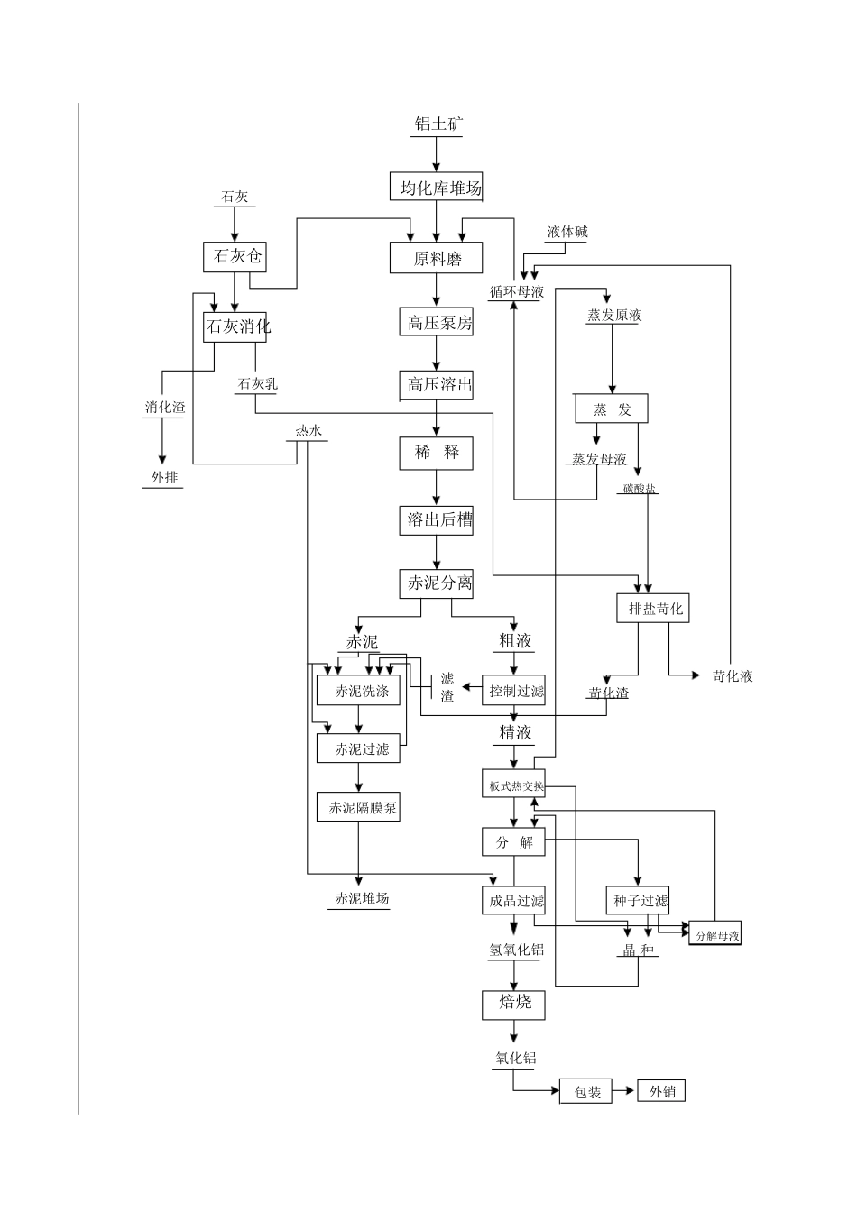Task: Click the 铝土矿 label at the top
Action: [438, 124]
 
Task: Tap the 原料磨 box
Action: [437, 258]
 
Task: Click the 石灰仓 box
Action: [237, 256]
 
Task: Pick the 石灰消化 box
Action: [237, 326]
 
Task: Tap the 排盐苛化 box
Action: [656, 609]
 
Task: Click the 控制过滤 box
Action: [515, 692]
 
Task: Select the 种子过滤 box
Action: [640, 900]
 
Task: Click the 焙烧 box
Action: [514, 1002]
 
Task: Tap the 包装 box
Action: [586, 1092]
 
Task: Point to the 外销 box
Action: [661, 1091]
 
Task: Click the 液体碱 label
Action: [567, 232]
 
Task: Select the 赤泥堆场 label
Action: [361, 899]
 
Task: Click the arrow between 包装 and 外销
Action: [625, 1092]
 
